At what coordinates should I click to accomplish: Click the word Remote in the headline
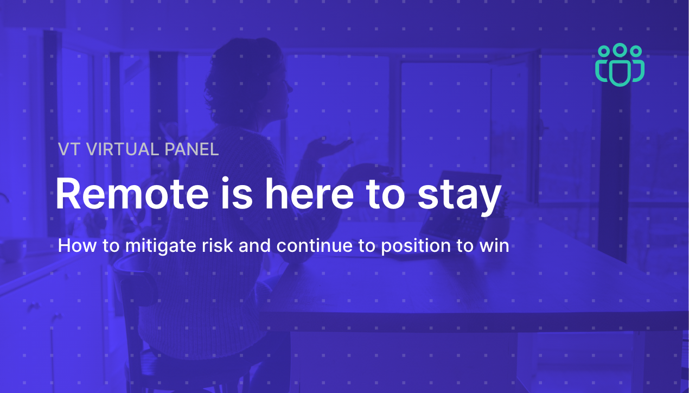132,194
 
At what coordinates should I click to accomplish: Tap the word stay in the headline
460,197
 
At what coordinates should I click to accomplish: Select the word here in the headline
309,194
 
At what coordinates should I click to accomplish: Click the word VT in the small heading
69,149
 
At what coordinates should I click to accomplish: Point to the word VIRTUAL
123,149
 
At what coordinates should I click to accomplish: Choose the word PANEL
192,149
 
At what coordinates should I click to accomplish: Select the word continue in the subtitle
314,245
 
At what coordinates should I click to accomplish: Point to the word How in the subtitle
77,245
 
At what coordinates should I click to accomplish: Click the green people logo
620,65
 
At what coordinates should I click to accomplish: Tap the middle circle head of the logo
620,49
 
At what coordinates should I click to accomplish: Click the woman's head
246,81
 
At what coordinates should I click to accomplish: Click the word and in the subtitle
254,245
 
